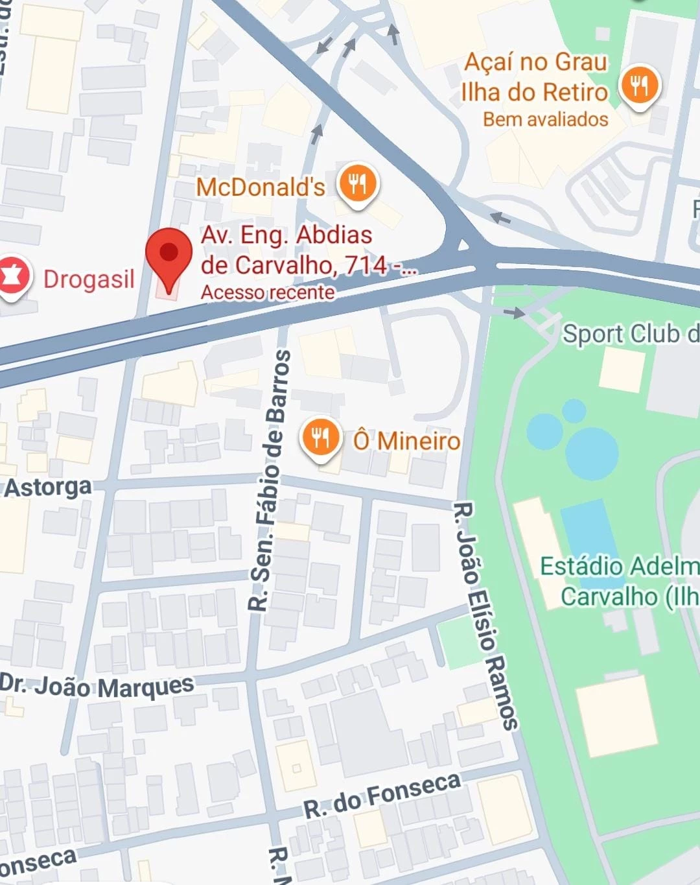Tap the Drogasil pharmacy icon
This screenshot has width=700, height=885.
coord(13,277)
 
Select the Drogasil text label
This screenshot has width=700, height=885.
coord(89,279)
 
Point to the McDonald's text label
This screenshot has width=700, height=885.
coord(261,187)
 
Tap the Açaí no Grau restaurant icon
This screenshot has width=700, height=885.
coord(639,86)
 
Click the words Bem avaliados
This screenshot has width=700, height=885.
coord(545,119)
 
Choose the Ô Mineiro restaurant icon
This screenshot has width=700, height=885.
coord(320,438)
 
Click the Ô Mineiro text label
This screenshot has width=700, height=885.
coord(406,441)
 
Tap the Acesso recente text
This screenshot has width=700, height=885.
coord(268,292)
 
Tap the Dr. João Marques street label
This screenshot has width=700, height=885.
coord(97,686)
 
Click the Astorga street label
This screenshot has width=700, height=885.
coord(48,487)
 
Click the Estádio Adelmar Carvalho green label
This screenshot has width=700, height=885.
coord(620,581)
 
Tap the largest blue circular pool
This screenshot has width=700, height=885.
coord(591,452)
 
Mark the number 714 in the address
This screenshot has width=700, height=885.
coord(366,265)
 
